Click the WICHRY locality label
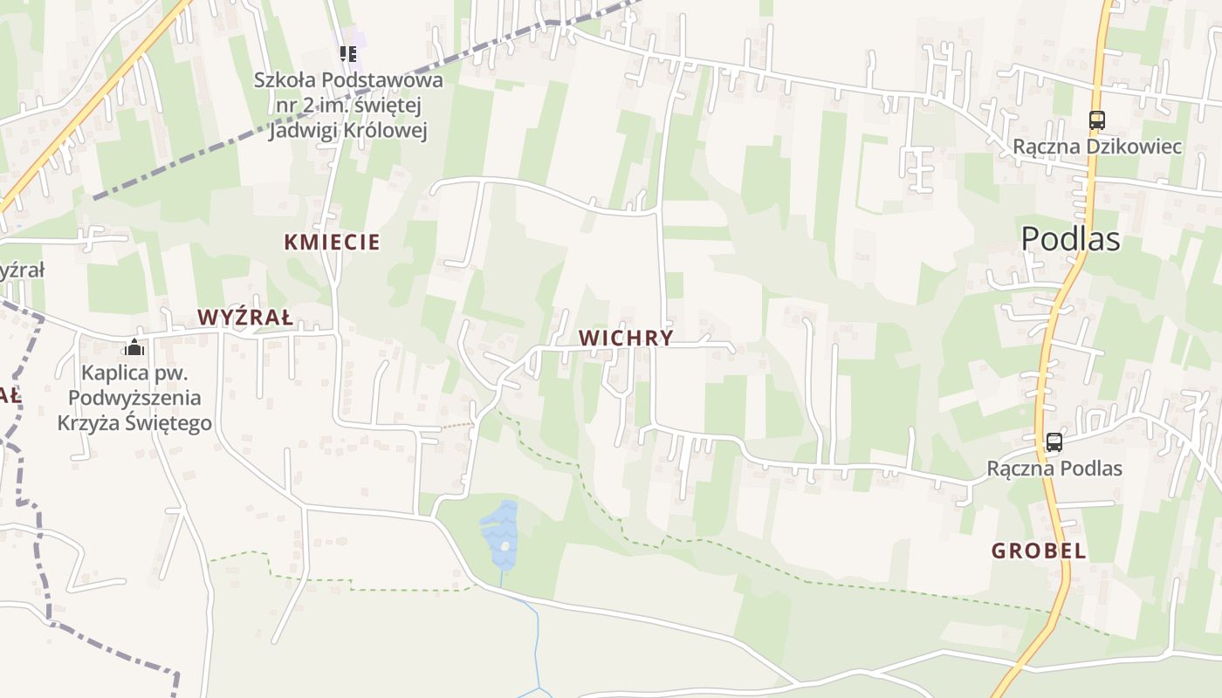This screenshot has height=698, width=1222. (x=626, y=338)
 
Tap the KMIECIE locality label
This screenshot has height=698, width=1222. (x=333, y=242)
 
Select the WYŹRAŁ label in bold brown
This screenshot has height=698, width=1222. (x=244, y=317)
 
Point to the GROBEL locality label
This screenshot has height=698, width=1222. (x=1039, y=551)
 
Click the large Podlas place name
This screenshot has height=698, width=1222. (x=1070, y=238)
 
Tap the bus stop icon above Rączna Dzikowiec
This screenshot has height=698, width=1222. (x=1096, y=120)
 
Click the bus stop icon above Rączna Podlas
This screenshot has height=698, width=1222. (x=1054, y=441)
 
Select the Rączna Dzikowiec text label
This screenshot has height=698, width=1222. (x=1097, y=146)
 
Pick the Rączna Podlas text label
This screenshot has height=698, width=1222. (x=1054, y=469)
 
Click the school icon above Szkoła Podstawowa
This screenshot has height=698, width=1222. (x=349, y=54)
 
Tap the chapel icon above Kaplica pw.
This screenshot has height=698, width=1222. (x=134, y=348)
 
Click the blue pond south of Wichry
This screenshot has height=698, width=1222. (x=500, y=533)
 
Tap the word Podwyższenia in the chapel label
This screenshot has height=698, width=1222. (x=134, y=398)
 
